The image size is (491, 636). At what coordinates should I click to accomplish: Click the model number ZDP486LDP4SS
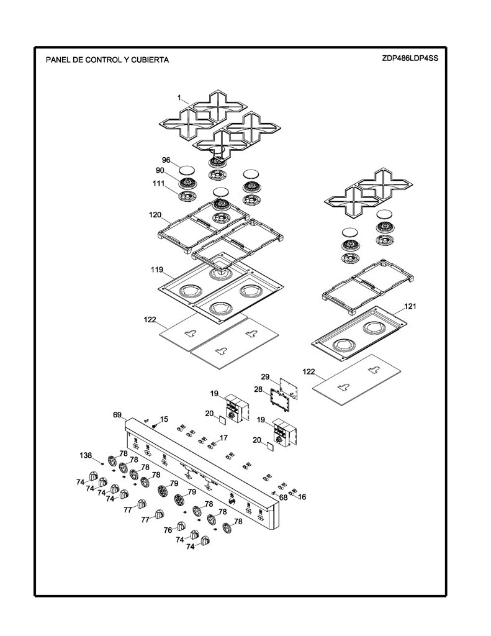point(410,58)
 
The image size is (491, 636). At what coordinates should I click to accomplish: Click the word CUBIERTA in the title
point(150,60)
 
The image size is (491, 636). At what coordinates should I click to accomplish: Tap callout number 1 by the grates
point(179,98)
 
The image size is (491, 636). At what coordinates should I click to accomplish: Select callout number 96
point(166,160)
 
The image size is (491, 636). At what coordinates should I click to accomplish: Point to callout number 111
point(158,183)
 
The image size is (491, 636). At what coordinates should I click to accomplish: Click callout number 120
point(155,215)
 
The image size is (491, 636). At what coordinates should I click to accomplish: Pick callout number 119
point(157,270)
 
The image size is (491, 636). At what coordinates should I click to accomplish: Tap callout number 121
point(410,306)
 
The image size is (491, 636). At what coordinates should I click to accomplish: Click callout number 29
point(265,377)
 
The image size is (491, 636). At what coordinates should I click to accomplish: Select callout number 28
point(258,389)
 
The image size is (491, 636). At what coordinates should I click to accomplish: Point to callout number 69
point(117,415)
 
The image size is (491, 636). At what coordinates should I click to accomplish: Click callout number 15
point(164,419)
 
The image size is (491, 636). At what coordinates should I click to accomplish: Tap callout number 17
point(223,438)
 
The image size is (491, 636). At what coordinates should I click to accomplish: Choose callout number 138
point(86,455)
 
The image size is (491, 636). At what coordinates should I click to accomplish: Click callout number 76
point(168,530)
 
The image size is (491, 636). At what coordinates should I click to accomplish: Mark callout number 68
point(283,497)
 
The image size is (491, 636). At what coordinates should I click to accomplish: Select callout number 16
point(302,497)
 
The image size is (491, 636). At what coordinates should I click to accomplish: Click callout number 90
point(160,170)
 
